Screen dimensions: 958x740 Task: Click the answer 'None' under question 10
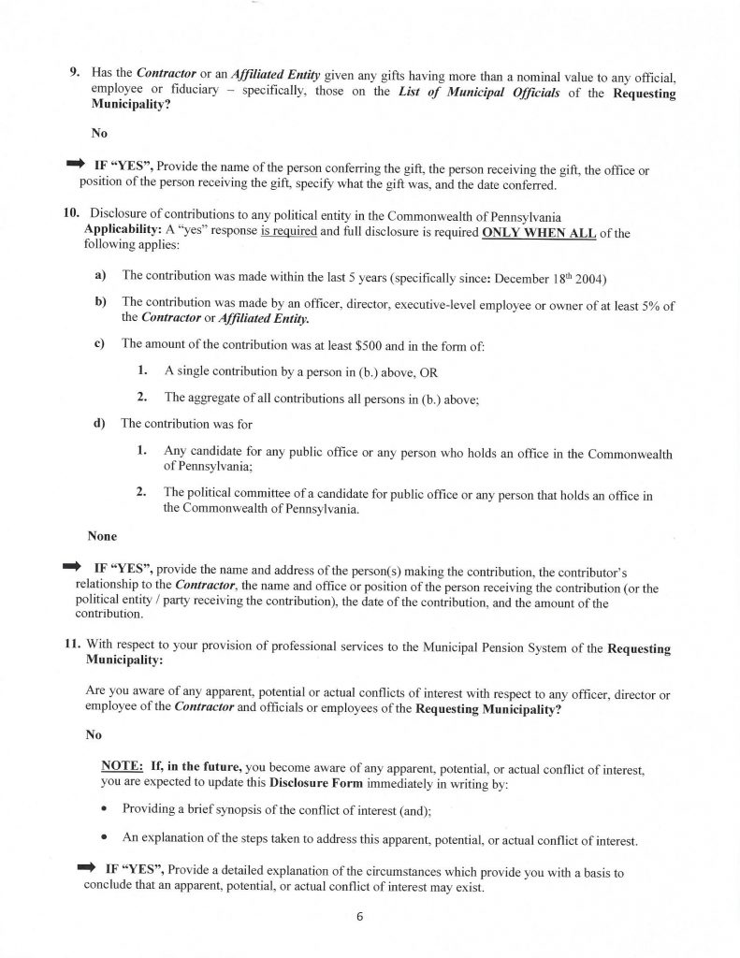[x=102, y=537]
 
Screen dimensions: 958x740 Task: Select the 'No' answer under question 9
[x=99, y=133]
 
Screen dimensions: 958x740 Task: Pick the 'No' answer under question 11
[x=94, y=734]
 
